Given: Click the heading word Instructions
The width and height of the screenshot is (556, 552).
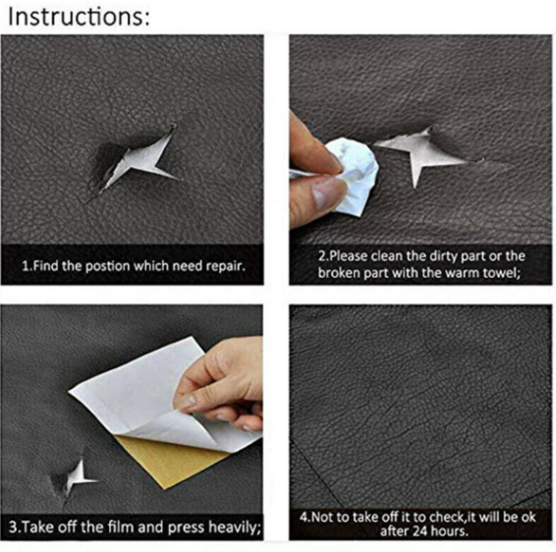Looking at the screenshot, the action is (79, 17).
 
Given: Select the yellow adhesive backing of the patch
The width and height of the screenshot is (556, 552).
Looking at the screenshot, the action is (170, 461).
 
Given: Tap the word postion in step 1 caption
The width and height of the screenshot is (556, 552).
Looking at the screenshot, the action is (107, 266).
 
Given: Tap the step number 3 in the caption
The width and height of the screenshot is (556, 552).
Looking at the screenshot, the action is (13, 527).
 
